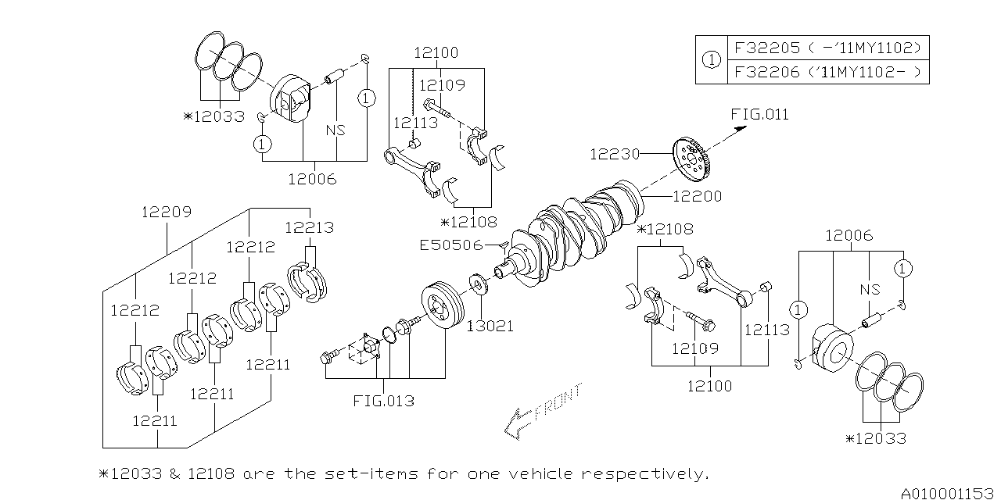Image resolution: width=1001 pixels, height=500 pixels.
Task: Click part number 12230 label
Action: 614,155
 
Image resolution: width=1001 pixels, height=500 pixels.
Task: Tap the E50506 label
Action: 450,245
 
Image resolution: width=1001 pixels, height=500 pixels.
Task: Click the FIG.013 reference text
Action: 383,402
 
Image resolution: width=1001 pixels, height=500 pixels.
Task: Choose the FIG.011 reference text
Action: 760,115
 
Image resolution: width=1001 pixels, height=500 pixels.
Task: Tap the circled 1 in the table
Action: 711,60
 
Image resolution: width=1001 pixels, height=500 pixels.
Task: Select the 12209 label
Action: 167,212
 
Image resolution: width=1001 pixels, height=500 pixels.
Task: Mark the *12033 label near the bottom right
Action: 875,438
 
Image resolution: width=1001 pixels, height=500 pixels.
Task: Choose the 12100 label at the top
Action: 436,53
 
